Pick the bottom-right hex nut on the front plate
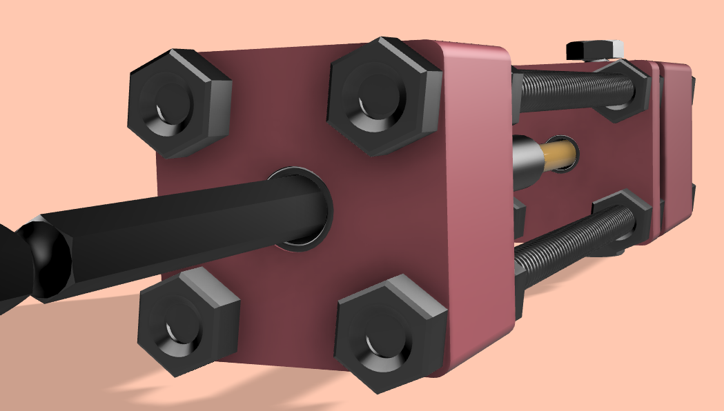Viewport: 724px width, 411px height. click(x=390, y=331)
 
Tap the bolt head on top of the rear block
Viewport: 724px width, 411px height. click(x=594, y=50)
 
